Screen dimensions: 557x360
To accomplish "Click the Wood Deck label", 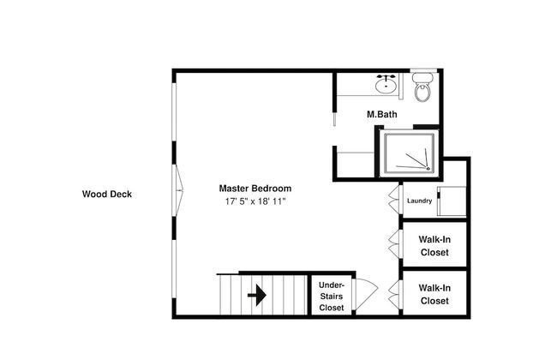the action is (107, 194).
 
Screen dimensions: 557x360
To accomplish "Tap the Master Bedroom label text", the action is (255, 189).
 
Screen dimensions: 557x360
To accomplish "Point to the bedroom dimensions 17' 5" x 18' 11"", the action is (255, 201).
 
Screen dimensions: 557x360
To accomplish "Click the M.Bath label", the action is (382, 115).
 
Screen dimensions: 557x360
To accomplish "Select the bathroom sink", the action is (386, 85).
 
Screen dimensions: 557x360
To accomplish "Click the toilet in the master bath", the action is (422, 87).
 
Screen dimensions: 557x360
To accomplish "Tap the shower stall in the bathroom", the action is (409, 153).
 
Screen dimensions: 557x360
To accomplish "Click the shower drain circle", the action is (428, 168).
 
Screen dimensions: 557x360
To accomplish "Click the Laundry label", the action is (420, 201).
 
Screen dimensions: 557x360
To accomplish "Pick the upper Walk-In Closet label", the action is (434, 246).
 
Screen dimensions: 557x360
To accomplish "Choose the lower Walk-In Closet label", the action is (434, 294).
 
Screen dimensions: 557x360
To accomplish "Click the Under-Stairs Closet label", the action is (332, 297).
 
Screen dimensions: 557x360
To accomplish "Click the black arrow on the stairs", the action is (257, 295).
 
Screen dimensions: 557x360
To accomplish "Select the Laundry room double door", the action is (395, 200).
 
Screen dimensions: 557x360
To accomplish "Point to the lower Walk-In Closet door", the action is (395, 295).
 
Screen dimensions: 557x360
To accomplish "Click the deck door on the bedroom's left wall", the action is (177, 190).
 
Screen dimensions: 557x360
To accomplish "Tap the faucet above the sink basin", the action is (386, 77).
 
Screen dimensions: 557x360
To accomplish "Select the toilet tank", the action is (422, 77).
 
